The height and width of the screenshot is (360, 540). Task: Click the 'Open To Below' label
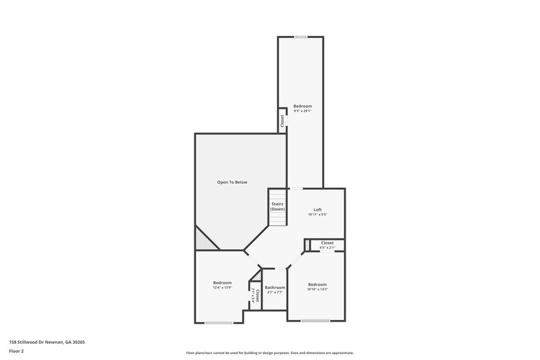point(232,182)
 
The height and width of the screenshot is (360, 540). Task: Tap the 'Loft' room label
point(317,209)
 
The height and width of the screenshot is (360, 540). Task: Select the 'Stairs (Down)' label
point(277,207)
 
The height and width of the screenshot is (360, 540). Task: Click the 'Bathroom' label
point(275,288)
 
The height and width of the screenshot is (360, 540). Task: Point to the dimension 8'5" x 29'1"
point(302,111)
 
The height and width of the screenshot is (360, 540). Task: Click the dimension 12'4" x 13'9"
point(222,288)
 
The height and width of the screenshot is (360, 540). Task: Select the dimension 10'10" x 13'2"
point(317,289)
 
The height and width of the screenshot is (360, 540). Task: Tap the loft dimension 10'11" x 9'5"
point(317,215)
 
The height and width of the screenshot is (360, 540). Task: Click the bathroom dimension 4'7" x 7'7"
point(275,292)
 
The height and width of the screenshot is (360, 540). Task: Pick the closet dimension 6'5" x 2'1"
point(327,248)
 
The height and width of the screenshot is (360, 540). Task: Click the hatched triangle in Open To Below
point(201,239)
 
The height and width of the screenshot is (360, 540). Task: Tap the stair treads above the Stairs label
point(277,195)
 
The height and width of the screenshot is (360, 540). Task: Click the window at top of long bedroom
point(301,36)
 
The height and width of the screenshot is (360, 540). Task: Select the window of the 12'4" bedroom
point(219,322)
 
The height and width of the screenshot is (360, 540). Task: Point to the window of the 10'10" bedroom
point(315,320)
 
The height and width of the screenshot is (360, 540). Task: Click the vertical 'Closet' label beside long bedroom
point(282,120)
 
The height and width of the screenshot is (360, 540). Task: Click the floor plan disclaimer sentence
point(269,353)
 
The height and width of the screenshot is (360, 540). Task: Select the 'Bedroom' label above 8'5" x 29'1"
point(302,106)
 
